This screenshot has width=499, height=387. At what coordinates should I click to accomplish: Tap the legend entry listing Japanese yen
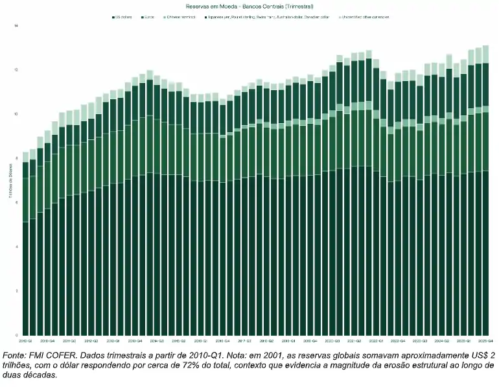tap(272, 17)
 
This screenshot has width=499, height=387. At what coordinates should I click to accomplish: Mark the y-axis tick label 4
tap(17, 247)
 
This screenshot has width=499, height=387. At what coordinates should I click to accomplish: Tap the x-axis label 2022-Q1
tap(376, 340)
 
